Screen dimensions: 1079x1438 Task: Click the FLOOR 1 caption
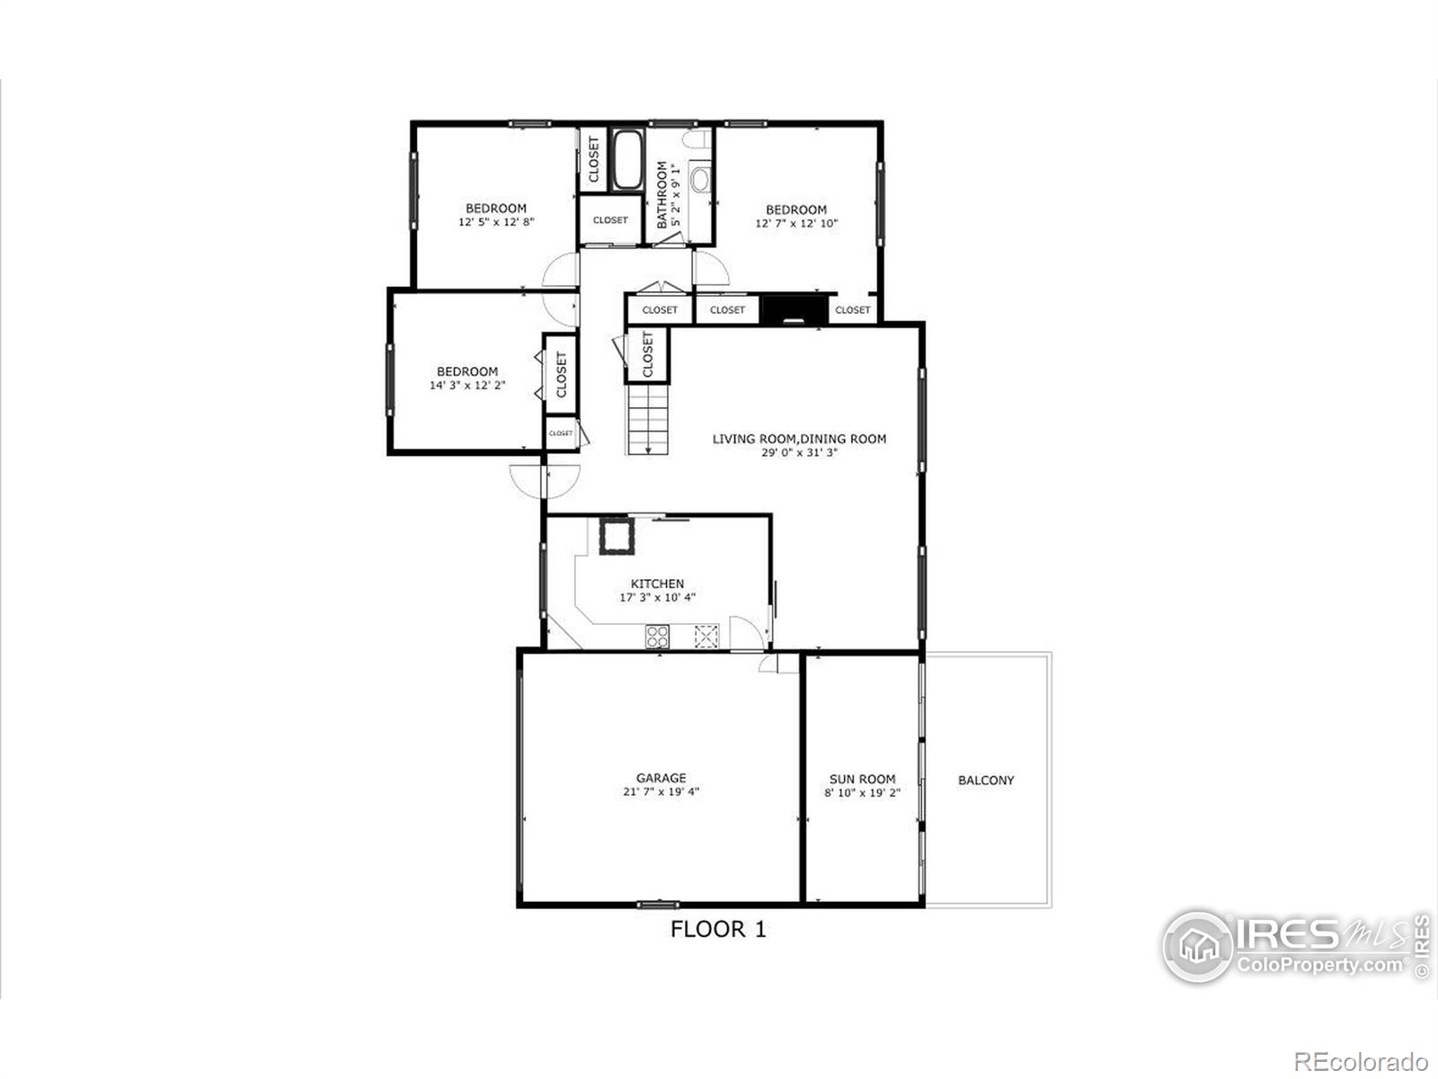click(718, 929)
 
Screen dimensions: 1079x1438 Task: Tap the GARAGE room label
click(661, 778)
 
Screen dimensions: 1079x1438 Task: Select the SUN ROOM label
click(862, 780)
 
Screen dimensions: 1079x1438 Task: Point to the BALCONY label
click(986, 780)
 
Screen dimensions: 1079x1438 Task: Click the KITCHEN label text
click(657, 584)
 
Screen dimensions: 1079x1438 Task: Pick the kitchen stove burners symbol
click(658, 637)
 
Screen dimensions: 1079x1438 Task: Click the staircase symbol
click(648, 418)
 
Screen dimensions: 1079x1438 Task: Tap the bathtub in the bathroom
click(627, 160)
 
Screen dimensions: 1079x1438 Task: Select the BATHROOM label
click(662, 194)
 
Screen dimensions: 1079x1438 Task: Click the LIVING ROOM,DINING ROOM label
click(799, 439)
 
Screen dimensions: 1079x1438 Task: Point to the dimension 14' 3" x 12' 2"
click(467, 386)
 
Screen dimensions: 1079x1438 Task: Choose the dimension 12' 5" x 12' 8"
click(496, 222)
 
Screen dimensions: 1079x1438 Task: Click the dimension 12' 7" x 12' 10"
click(796, 223)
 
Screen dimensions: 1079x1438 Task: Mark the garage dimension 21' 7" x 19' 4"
click(661, 792)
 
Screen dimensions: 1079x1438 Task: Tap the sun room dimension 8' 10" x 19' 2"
click(862, 794)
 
